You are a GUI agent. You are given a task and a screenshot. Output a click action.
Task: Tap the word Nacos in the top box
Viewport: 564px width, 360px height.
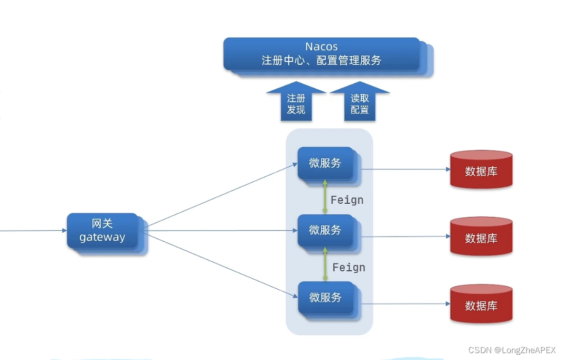[321, 46]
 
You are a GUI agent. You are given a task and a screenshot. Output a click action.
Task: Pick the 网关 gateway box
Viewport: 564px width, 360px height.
[102, 231]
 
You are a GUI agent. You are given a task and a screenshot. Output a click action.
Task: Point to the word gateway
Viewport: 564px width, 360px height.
[102, 237]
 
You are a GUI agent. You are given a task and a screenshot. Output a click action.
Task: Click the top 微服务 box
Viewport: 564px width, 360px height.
[325, 164]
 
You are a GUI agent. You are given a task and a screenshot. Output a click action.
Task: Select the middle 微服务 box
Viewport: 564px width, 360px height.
[325, 231]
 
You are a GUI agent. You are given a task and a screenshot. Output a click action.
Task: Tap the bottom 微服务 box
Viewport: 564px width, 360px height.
[325, 298]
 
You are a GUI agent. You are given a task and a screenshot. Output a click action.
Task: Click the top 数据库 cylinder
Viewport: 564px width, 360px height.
[481, 170]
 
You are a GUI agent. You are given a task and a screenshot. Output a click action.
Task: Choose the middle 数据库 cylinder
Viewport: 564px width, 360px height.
[481, 237]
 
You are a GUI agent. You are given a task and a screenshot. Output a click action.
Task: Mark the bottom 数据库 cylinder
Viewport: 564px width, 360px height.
[481, 304]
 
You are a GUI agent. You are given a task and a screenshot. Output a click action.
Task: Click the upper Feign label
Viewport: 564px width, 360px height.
[347, 200]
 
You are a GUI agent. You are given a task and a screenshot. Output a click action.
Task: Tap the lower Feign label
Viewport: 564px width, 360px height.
[349, 268]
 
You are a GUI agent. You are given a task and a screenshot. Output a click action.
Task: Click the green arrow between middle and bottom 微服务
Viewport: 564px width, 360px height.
[325, 264]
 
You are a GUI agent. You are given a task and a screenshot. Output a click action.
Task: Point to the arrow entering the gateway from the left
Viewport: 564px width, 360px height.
[32, 231]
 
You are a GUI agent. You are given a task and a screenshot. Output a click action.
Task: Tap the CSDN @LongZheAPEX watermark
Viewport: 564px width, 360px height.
[512, 350]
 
